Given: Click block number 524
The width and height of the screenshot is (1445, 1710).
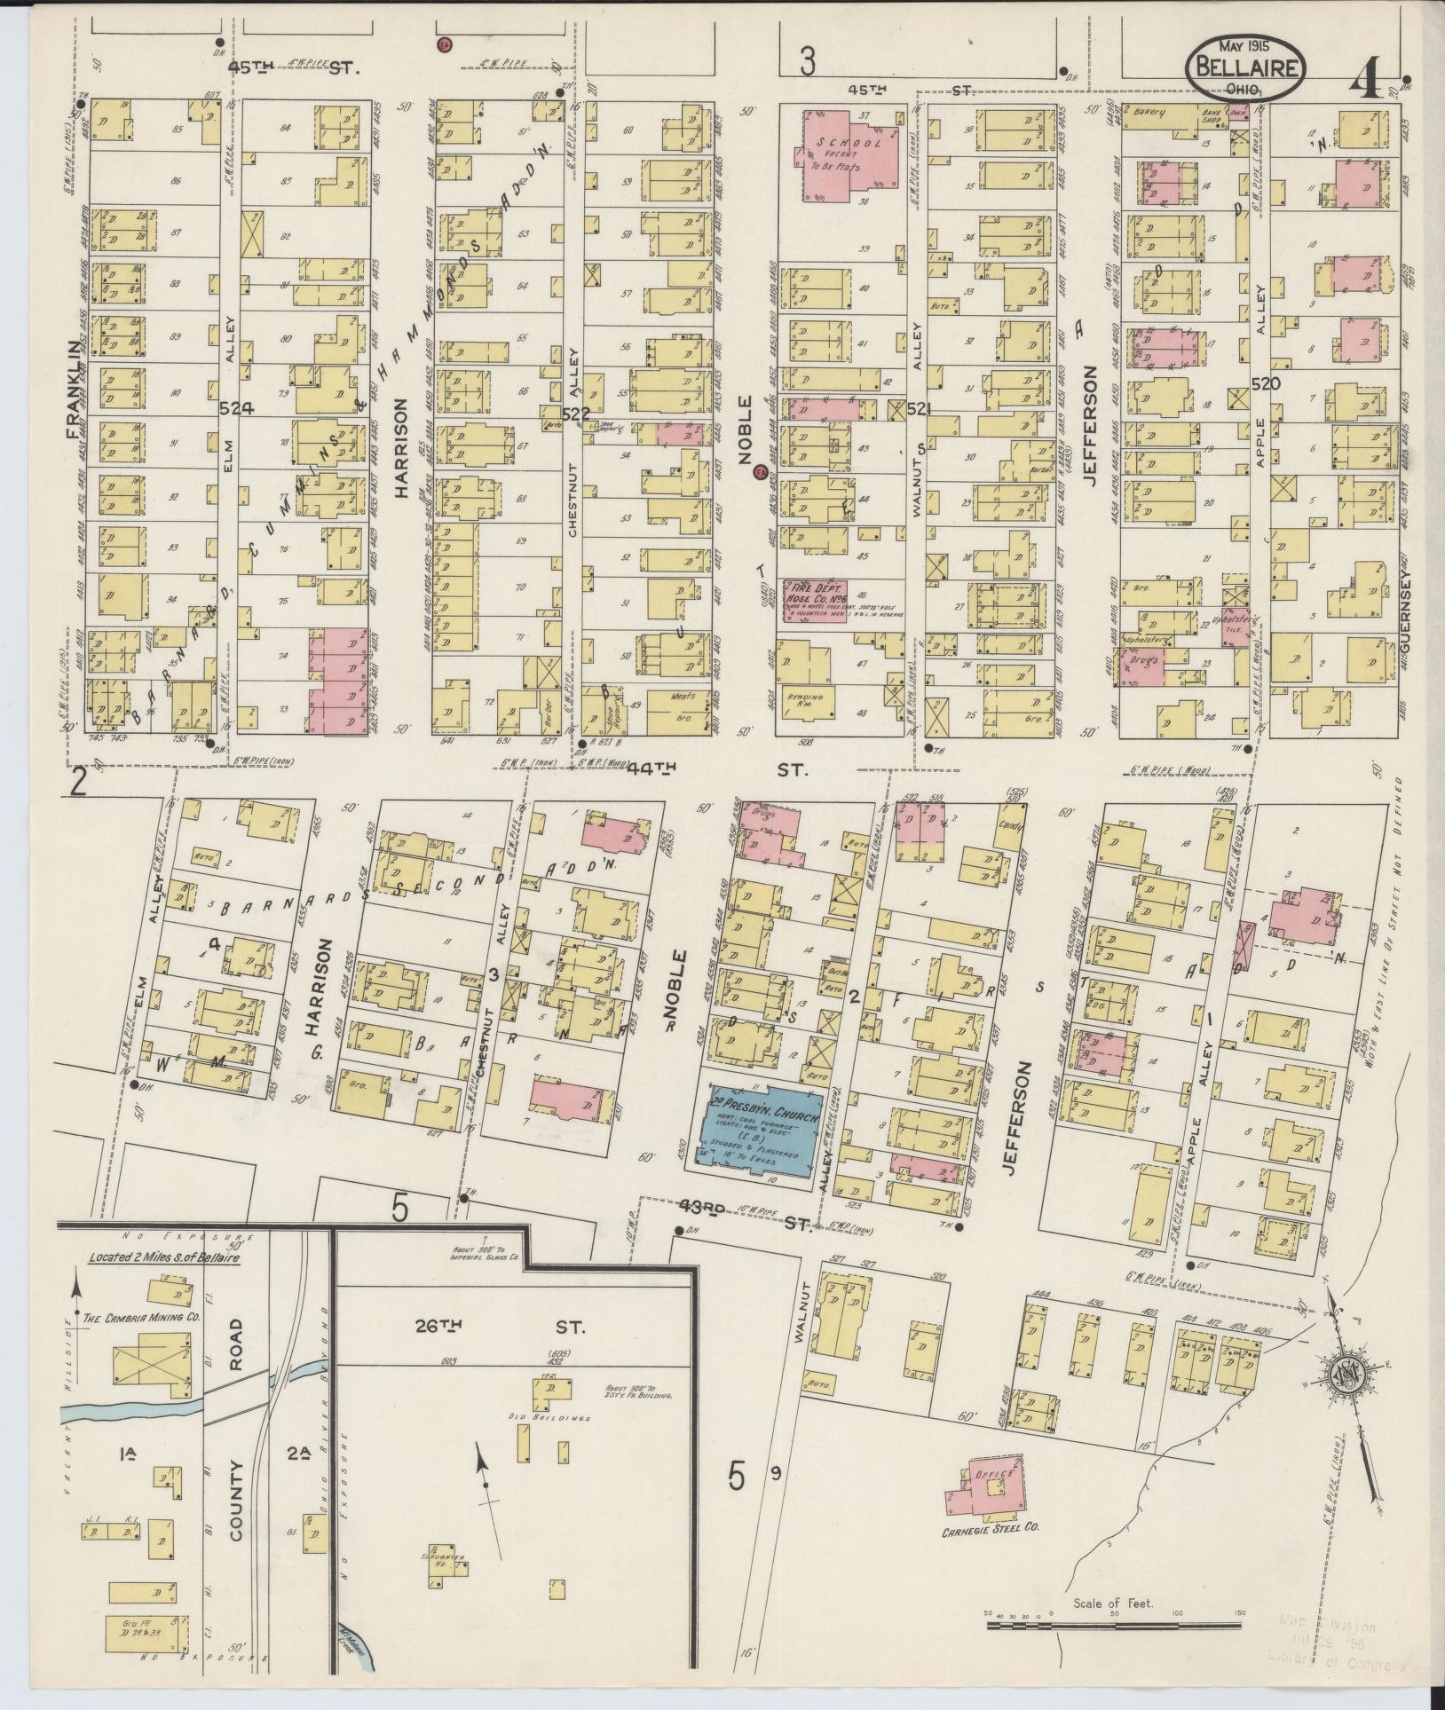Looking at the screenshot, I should (x=236, y=408).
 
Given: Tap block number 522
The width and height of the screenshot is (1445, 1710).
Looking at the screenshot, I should (x=575, y=414).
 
